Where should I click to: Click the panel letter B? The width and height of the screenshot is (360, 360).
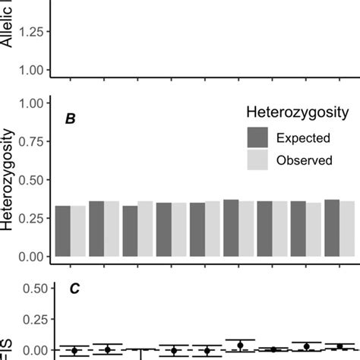69,119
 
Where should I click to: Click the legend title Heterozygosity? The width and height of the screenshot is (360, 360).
298,112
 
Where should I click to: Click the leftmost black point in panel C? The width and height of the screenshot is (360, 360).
74,350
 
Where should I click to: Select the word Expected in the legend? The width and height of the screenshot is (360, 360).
303,138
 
